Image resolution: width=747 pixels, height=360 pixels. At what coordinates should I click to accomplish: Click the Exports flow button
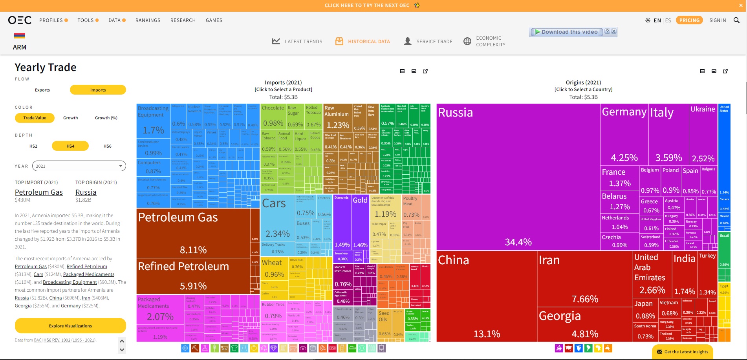pos(42,90)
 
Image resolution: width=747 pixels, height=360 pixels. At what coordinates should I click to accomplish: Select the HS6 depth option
pos(107,146)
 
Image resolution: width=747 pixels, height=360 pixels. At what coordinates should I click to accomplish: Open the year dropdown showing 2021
pos(79,166)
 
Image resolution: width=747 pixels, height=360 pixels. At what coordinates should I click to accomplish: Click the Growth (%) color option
pos(106,118)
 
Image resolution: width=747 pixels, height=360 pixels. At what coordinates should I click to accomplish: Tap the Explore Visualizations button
pos(70,326)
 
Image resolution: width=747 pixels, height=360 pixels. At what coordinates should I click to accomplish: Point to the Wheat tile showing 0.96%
pos(274,269)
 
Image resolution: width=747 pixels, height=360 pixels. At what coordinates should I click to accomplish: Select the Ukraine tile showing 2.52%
pos(703,133)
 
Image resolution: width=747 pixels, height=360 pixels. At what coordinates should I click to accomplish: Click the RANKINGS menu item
pos(148,20)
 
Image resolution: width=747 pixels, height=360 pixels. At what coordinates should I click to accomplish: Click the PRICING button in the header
pos(689,20)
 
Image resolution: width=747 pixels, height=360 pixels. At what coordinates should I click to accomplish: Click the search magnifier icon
pos(736,20)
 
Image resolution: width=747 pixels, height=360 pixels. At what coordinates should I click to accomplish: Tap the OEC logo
pos(20,20)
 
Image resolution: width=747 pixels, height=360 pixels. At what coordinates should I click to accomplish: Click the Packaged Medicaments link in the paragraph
pos(89,274)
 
